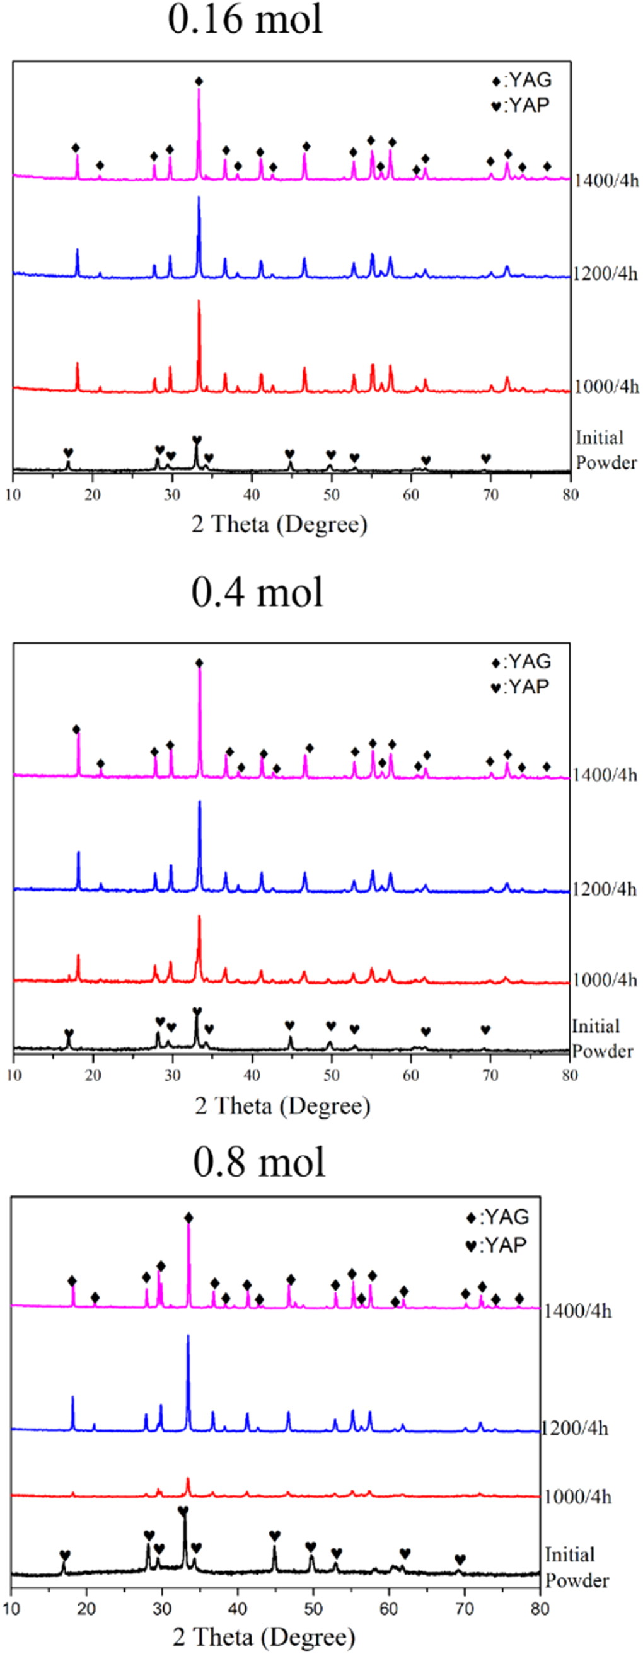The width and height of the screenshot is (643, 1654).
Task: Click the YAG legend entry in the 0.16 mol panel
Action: click(x=521, y=81)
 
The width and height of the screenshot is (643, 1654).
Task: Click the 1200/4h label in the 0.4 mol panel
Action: click(x=604, y=889)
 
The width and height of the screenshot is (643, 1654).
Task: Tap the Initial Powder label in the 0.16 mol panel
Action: click(x=605, y=450)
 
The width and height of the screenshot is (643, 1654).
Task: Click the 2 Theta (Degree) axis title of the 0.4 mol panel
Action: click(x=282, y=1105)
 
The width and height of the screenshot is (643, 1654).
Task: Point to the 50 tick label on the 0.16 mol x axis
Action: click(x=331, y=494)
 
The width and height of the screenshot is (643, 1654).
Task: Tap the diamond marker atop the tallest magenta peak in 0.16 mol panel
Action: click(x=199, y=81)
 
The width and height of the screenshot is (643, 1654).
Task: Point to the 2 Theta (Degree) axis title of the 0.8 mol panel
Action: click(x=264, y=1636)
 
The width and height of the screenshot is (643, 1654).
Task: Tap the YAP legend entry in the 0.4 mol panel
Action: click(x=520, y=688)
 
